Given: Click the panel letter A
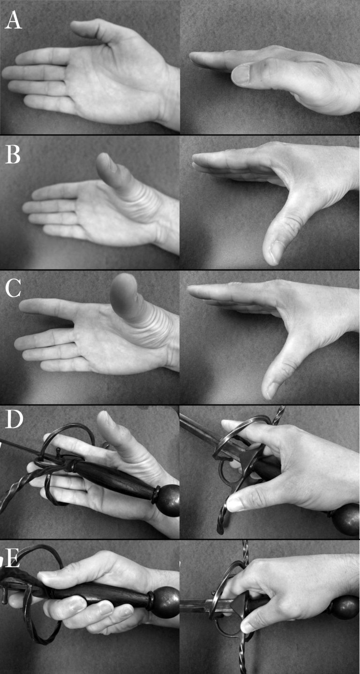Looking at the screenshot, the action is coord(13,21).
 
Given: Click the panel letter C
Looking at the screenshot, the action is coord(13,288).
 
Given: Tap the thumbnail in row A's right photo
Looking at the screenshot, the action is coord(241,75).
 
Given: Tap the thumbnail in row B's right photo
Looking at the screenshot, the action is coord(274,252).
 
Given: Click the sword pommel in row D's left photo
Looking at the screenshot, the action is coord(167,501).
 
